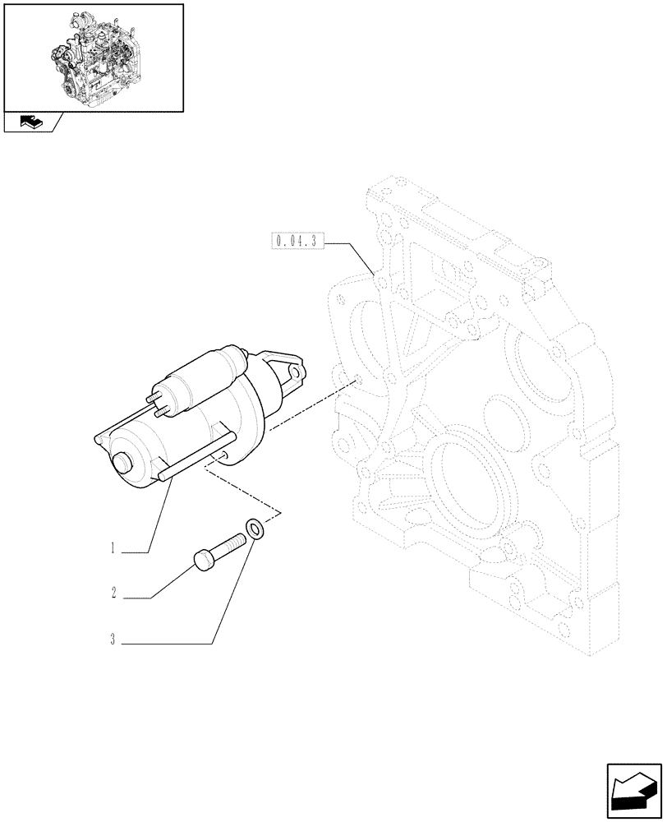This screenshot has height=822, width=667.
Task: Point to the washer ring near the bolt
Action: pos(255,528)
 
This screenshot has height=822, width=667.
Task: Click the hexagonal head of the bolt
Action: pos(205,560)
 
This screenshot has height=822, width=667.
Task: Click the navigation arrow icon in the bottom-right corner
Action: pos(634,792)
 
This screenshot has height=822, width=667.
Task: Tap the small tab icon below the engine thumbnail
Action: pos(31,123)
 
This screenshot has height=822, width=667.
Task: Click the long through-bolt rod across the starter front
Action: pos(197,456)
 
